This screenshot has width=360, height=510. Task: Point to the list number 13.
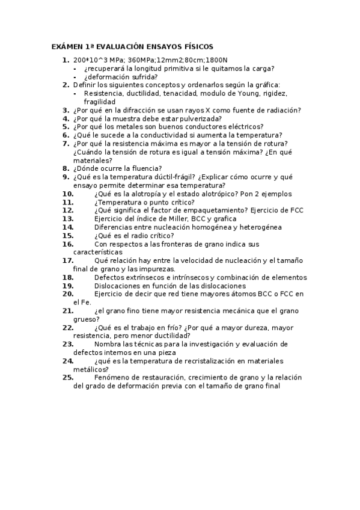[68, 219]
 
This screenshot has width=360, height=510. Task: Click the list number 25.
[68, 378]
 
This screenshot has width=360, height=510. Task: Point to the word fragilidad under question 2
[100, 102]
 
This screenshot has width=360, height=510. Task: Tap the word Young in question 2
[249, 94]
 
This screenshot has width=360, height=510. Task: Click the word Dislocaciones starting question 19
[117, 286]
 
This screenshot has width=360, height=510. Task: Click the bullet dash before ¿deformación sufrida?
[75, 77]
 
